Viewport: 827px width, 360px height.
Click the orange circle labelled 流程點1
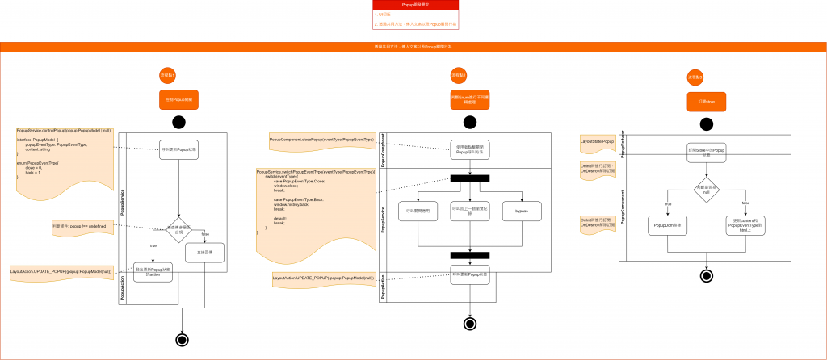tap(168, 75)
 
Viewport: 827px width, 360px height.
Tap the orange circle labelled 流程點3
tap(695, 77)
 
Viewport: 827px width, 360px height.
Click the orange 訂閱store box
tap(707, 101)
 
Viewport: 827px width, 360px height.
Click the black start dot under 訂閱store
tap(707, 124)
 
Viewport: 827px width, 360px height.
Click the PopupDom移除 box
tap(667, 228)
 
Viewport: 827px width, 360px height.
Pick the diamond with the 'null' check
tap(707, 188)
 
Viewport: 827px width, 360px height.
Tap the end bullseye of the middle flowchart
tap(469, 324)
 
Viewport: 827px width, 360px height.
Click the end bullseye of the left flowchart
tap(182, 339)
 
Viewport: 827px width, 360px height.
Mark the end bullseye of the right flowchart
tap(707, 276)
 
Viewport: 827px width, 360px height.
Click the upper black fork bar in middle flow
tap(469, 178)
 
